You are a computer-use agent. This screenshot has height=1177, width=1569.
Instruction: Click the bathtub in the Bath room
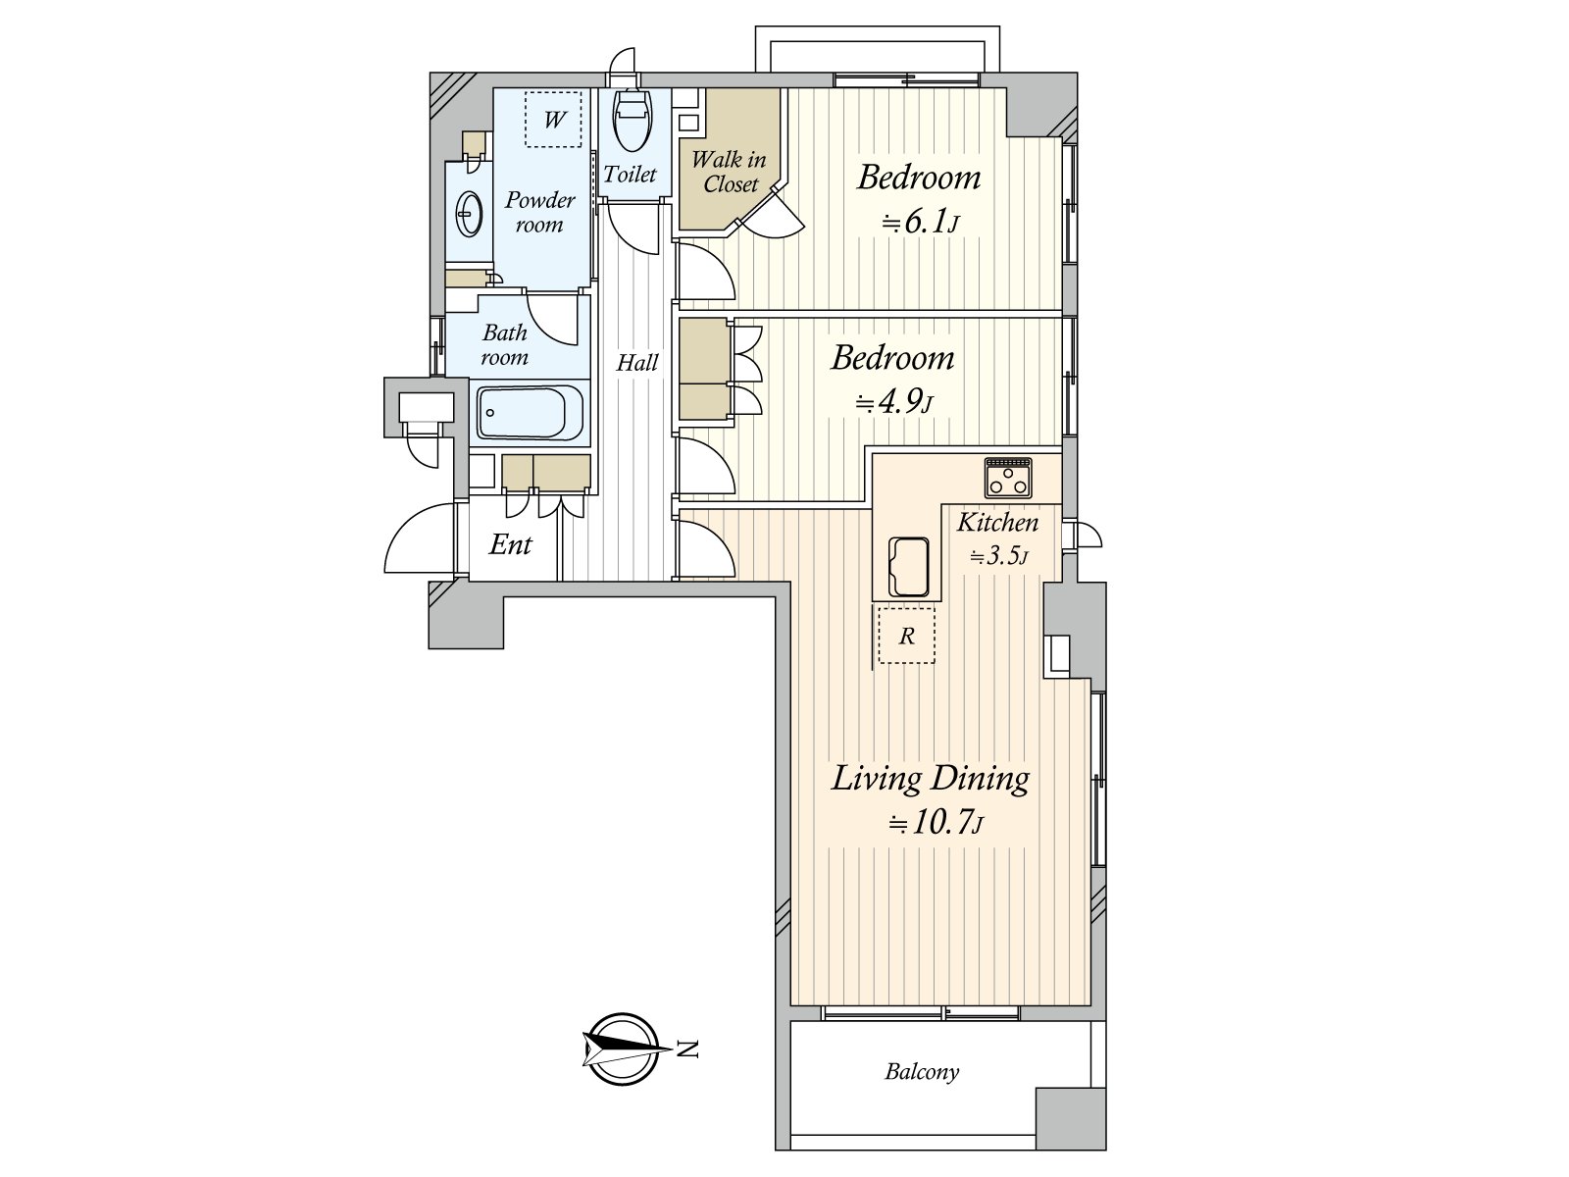(530, 413)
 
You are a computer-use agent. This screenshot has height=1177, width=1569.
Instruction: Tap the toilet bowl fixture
(630, 118)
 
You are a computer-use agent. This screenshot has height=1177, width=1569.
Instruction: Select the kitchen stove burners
(1008, 478)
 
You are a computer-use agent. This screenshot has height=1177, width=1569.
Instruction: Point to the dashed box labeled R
(906, 635)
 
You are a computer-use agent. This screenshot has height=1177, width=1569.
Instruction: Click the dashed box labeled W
(553, 119)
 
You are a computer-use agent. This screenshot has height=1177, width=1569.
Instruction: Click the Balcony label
(922, 1072)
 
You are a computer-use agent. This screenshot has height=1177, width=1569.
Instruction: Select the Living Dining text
(930, 779)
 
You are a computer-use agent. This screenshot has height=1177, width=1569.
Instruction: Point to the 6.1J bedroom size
(919, 223)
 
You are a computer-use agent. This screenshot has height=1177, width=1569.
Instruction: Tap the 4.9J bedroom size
(893, 402)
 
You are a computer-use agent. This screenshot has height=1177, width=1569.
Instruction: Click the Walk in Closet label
(729, 172)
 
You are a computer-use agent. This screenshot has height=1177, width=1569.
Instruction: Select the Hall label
(637, 363)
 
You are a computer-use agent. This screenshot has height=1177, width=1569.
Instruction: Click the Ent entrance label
(510, 545)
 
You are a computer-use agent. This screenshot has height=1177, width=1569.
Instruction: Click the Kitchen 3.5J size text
(998, 557)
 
